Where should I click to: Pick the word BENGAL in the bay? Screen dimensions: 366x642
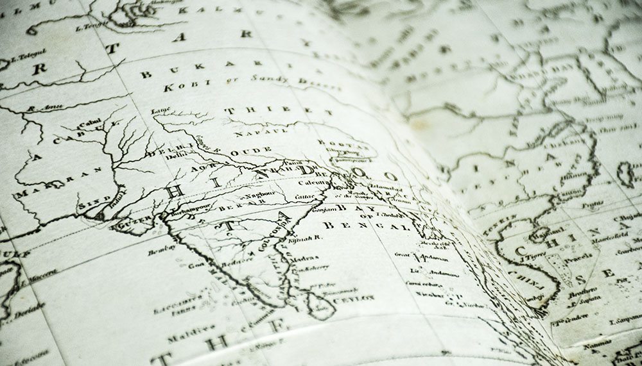click(x=365, y=226)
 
